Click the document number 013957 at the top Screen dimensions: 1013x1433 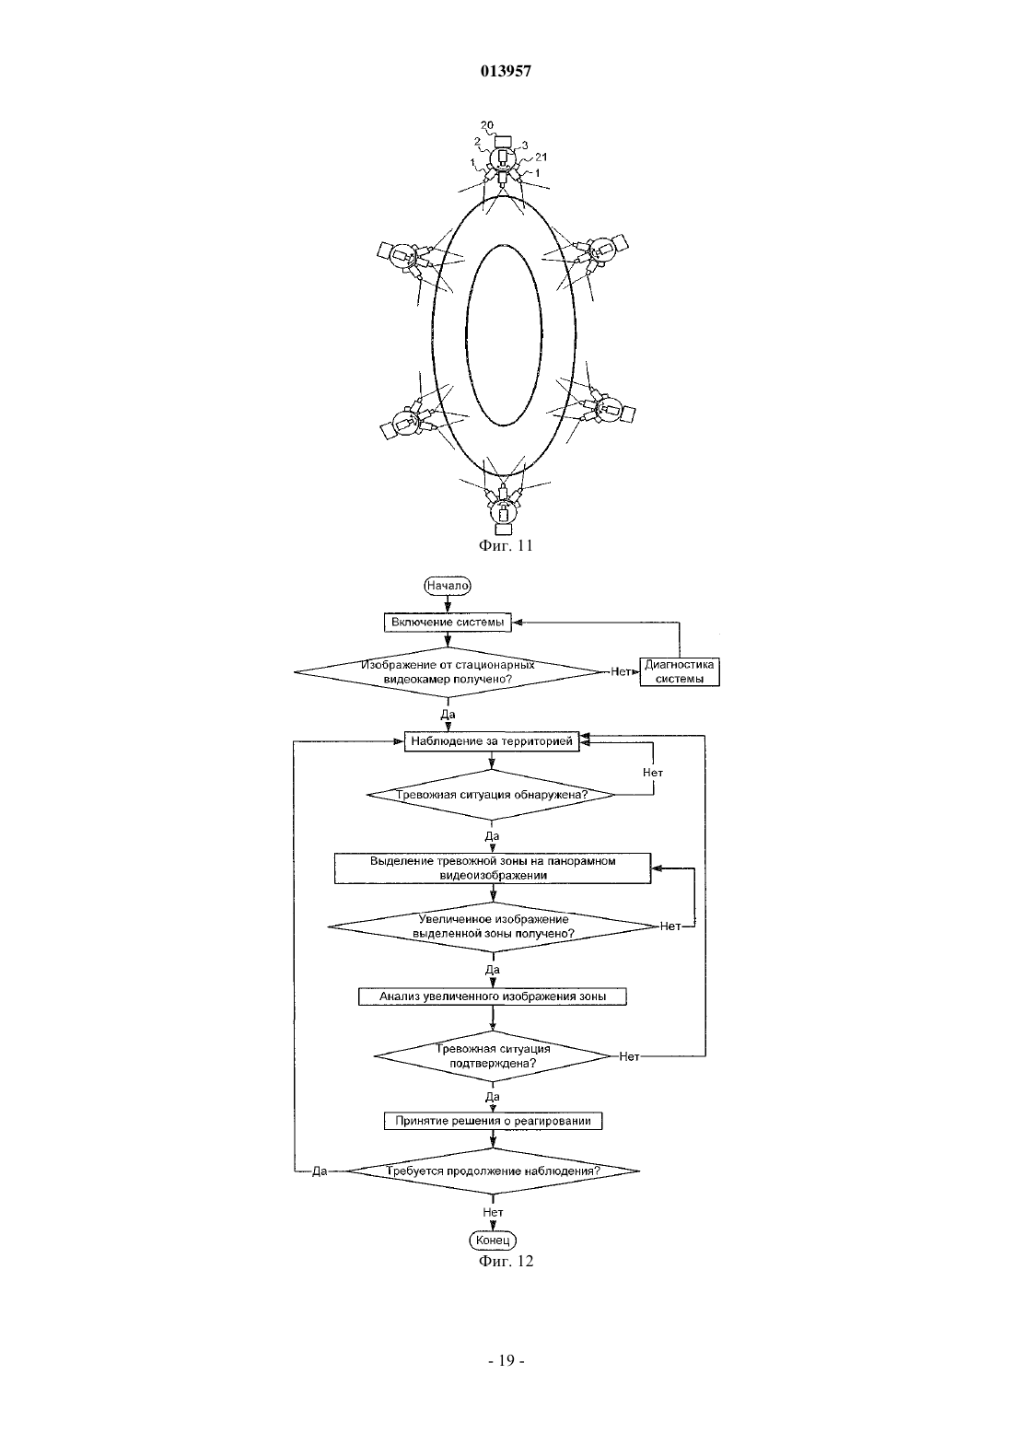[x=506, y=72]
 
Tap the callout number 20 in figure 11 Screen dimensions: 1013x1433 [x=486, y=126]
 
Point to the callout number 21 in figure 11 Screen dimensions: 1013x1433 [x=541, y=157]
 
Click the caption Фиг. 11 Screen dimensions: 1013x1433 [x=506, y=545]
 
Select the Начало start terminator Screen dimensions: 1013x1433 [x=448, y=585]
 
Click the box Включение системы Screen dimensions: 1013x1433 [x=448, y=623]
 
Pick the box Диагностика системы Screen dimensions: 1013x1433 [x=680, y=671]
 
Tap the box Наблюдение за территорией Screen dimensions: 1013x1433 [x=492, y=741]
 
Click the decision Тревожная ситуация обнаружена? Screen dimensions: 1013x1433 [x=491, y=795]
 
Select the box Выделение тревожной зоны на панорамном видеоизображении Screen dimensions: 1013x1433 [x=493, y=868]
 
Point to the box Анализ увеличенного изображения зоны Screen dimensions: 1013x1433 [x=493, y=996]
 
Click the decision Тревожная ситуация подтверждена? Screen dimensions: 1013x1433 [x=493, y=1056]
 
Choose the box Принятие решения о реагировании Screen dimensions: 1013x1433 [x=493, y=1121]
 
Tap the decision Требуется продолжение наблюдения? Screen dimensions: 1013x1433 [x=493, y=1171]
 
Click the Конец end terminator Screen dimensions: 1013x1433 [x=493, y=1241]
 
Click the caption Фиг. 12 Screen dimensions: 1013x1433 [x=506, y=1260]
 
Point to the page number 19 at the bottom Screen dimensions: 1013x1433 [x=506, y=1360]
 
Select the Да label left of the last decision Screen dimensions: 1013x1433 [x=320, y=1171]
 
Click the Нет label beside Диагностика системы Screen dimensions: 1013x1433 [x=621, y=671]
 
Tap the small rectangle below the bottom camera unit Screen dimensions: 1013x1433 [x=504, y=529]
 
